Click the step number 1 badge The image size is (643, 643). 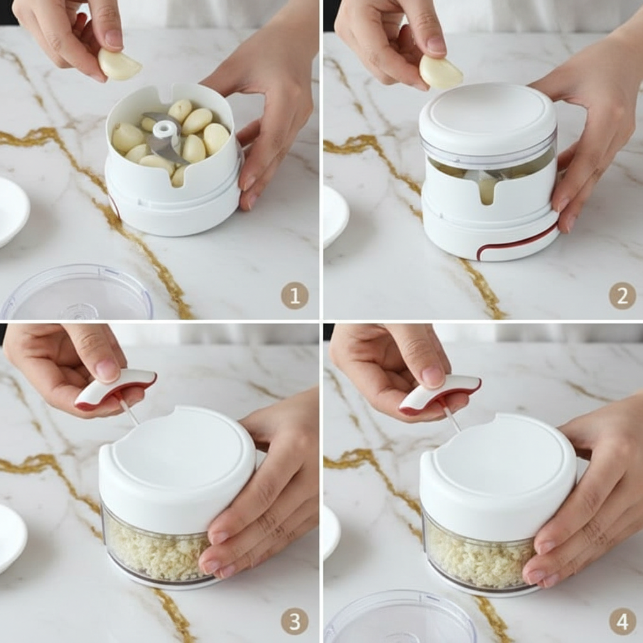pyautogui.click(x=294, y=295)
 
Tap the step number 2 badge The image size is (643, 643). pyautogui.click(x=622, y=295)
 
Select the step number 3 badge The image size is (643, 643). pyautogui.click(x=294, y=621)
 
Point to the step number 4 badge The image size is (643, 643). pyautogui.click(x=622, y=621)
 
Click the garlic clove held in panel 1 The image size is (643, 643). pyautogui.click(x=119, y=65)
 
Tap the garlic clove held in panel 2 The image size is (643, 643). pyautogui.click(x=441, y=72)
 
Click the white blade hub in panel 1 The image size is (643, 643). pyautogui.click(x=163, y=131)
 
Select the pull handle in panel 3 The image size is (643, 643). pyautogui.click(x=116, y=389)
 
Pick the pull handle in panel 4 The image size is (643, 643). pyautogui.click(x=439, y=394)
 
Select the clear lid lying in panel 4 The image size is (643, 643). pyautogui.click(x=400, y=617)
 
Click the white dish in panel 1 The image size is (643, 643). pyautogui.click(x=13, y=212)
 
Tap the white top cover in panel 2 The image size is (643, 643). pyautogui.click(x=487, y=117)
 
